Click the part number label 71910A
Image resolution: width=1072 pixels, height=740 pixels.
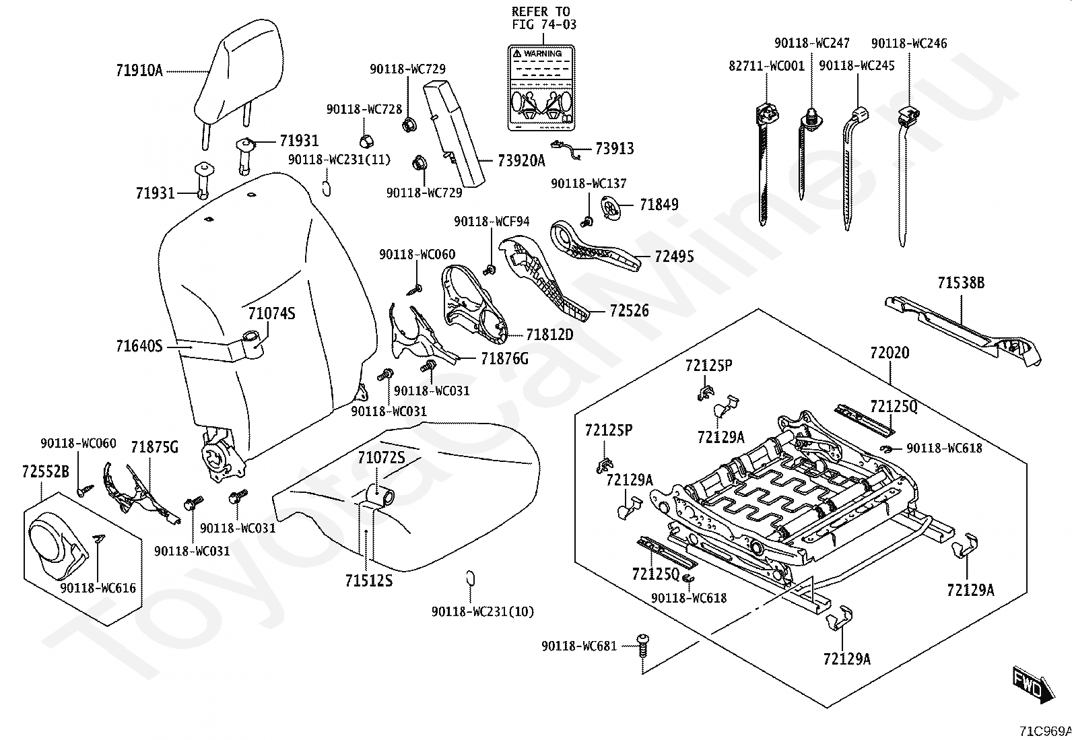139,71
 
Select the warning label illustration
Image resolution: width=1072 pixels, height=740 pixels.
541,88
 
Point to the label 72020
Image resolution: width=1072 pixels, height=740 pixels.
890,353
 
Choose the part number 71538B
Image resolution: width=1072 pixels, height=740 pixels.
961,283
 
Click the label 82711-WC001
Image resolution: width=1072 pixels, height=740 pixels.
767,66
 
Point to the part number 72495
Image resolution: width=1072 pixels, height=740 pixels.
674,257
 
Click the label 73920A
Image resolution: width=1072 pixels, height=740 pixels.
521,161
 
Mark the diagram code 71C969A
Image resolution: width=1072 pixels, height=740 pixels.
1044,731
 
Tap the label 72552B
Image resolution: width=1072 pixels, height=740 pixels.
46,472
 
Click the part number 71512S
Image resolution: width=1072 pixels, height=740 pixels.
368,580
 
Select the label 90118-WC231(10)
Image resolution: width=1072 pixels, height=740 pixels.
482,611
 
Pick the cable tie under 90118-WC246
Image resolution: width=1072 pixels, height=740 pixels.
905,176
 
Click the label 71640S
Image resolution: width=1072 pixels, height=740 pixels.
139,346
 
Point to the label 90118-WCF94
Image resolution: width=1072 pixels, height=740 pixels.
492,222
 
